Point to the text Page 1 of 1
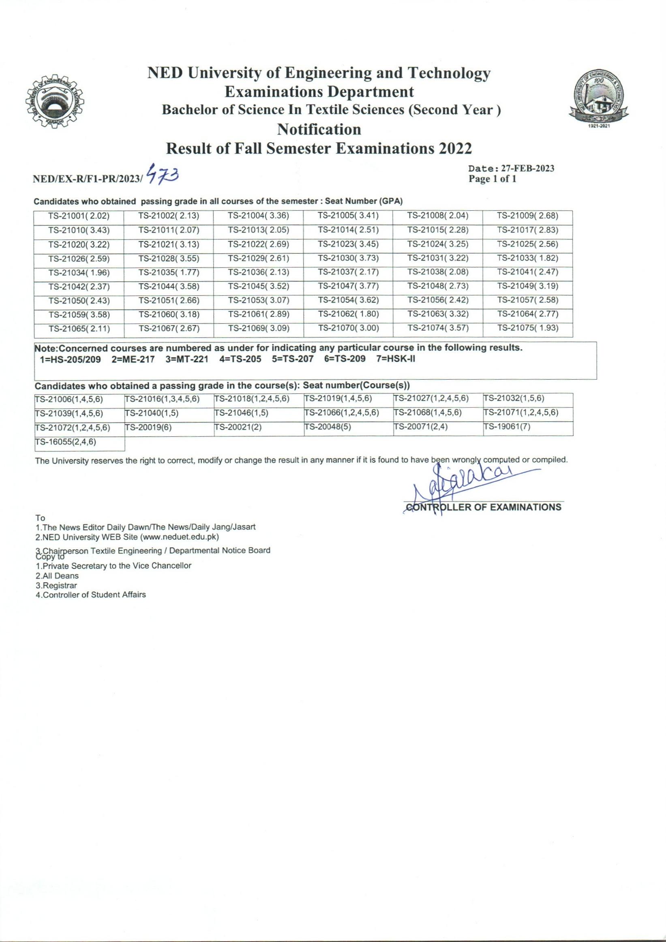tap(492, 179)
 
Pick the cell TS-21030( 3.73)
tap(348, 258)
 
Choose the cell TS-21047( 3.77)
tap(348, 286)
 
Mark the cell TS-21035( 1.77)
tap(169, 272)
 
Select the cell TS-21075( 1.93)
tap(528, 328)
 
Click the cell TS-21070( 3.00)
tap(348, 328)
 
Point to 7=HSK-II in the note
tap(396, 359)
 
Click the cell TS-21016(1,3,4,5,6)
tap(162, 399)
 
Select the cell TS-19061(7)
tap(507, 427)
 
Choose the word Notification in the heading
tap(319, 129)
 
